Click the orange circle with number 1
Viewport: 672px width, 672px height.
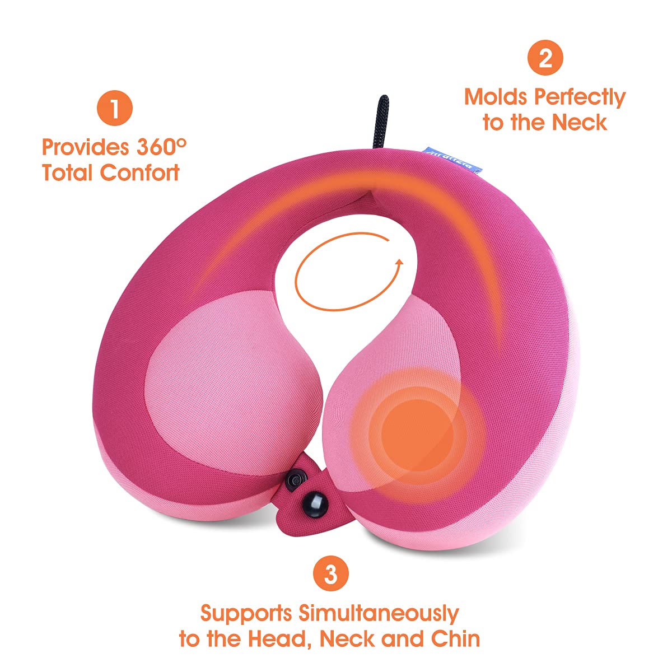pos(114,109)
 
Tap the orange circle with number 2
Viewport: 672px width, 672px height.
pos(545,58)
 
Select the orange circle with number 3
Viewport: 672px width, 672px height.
pos(331,573)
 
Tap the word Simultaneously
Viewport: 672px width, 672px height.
pos(378,613)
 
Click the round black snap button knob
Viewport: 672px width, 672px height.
pos(311,497)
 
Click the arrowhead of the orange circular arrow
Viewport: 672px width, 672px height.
pos(398,264)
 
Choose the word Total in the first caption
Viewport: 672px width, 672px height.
pos(68,172)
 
